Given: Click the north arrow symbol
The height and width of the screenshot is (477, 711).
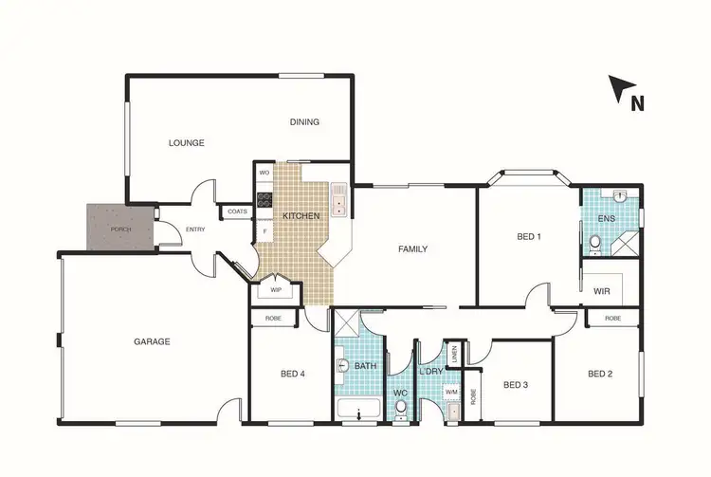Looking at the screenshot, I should click(x=624, y=90).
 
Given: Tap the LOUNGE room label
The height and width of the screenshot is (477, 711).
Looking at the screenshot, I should click(x=187, y=143).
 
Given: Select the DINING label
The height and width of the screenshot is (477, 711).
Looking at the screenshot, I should click(x=304, y=121).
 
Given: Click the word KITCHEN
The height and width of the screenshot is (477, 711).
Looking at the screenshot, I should click(x=301, y=216).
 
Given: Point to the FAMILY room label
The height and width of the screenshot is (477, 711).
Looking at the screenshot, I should click(x=412, y=249).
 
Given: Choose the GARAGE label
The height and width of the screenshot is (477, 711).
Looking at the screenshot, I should click(x=152, y=341).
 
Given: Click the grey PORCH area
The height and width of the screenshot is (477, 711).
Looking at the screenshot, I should click(x=119, y=229).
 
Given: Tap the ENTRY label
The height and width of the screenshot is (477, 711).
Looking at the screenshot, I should click(x=195, y=229).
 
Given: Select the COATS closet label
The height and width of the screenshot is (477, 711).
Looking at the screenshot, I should click(x=237, y=211).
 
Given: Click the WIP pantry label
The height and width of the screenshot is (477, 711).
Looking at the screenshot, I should click(x=276, y=290).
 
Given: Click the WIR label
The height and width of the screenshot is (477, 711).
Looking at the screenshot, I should click(x=601, y=291).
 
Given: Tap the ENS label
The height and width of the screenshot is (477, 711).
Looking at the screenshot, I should click(x=606, y=219).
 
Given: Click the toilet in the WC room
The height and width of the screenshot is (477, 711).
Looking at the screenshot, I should click(x=401, y=409).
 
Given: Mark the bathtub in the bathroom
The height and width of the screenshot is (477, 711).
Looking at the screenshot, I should click(x=358, y=411).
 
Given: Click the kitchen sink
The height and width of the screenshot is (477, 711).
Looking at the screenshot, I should click(x=338, y=200).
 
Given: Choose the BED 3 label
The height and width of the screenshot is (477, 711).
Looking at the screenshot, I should click(x=515, y=384).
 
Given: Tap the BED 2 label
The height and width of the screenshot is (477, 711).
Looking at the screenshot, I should click(x=600, y=374).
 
